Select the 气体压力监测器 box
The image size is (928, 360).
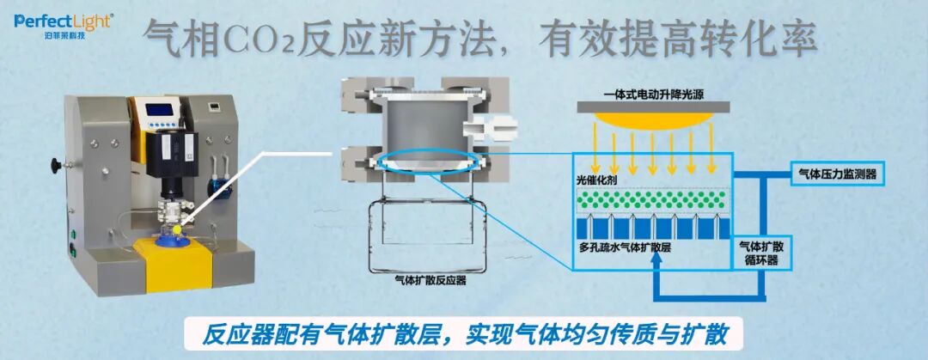[837, 175]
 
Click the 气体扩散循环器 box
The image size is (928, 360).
[760, 253]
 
